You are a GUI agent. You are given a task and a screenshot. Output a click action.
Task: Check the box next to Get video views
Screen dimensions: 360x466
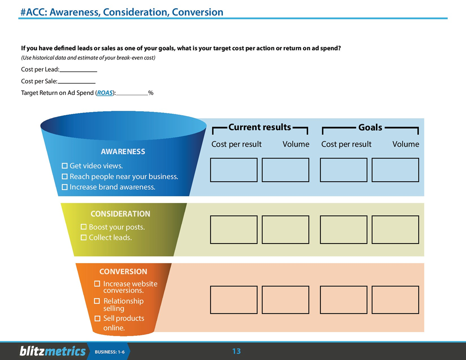tap(64, 166)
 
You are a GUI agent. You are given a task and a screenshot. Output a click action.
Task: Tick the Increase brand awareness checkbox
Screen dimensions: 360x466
tap(64, 187)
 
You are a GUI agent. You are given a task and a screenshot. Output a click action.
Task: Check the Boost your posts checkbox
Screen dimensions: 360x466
tap(83, 227)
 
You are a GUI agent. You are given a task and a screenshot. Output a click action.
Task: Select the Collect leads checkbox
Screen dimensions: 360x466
tap(83, 237)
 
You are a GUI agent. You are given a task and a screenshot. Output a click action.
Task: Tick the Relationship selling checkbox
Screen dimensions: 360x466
tap(97, 301)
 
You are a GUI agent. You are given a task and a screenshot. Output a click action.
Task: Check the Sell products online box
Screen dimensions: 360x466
tap(97, 318)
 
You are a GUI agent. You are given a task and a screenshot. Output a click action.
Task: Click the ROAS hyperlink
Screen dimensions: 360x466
tap(105, 93)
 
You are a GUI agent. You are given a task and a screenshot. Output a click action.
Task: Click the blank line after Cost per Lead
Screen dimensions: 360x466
tap(78, 70)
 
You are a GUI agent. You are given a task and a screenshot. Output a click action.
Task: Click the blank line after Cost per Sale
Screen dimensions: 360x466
tap(76, 82)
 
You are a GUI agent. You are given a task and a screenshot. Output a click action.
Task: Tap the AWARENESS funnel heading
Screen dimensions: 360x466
tap(123, 151)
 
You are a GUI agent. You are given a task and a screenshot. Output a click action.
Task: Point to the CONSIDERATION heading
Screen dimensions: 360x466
tap(120, 214)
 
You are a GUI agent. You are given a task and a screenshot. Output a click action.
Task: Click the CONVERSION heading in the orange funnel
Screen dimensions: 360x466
tap(123, 271)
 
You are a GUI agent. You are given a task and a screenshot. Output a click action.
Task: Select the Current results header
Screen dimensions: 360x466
tap(259, 127)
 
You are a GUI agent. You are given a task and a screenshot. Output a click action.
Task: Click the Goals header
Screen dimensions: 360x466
tap(370, 127)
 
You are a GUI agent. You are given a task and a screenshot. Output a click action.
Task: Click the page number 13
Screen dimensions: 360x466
tap(237, 351)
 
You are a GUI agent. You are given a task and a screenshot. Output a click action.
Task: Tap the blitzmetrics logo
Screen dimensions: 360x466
tap(53, 351)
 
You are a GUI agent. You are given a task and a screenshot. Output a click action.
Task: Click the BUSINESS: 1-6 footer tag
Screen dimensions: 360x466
tap(109, 352)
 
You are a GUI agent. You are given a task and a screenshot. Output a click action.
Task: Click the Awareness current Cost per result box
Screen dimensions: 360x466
tap(233, 170)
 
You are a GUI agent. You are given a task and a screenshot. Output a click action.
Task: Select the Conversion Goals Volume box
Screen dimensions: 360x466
tap(395, 300)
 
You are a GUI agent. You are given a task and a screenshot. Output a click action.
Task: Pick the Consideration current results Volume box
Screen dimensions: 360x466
tap(285, 229)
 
